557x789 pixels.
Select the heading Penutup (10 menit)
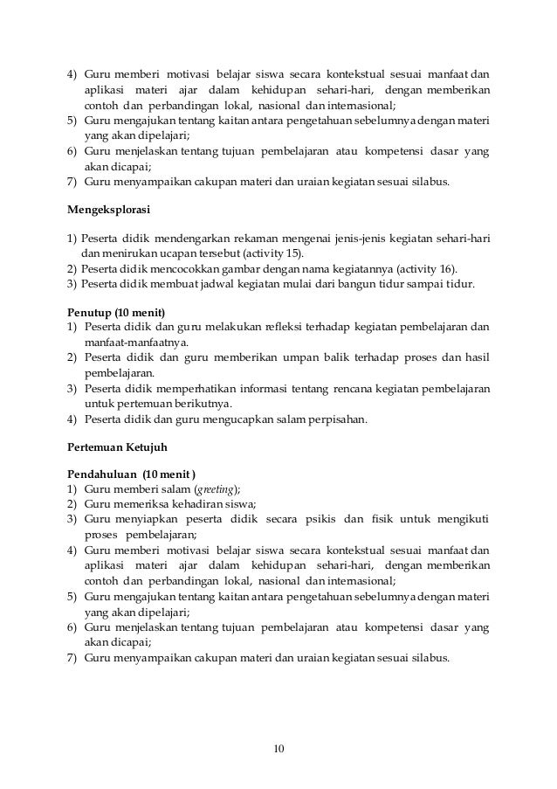point(119,312)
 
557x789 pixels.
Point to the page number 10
point(278,749)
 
